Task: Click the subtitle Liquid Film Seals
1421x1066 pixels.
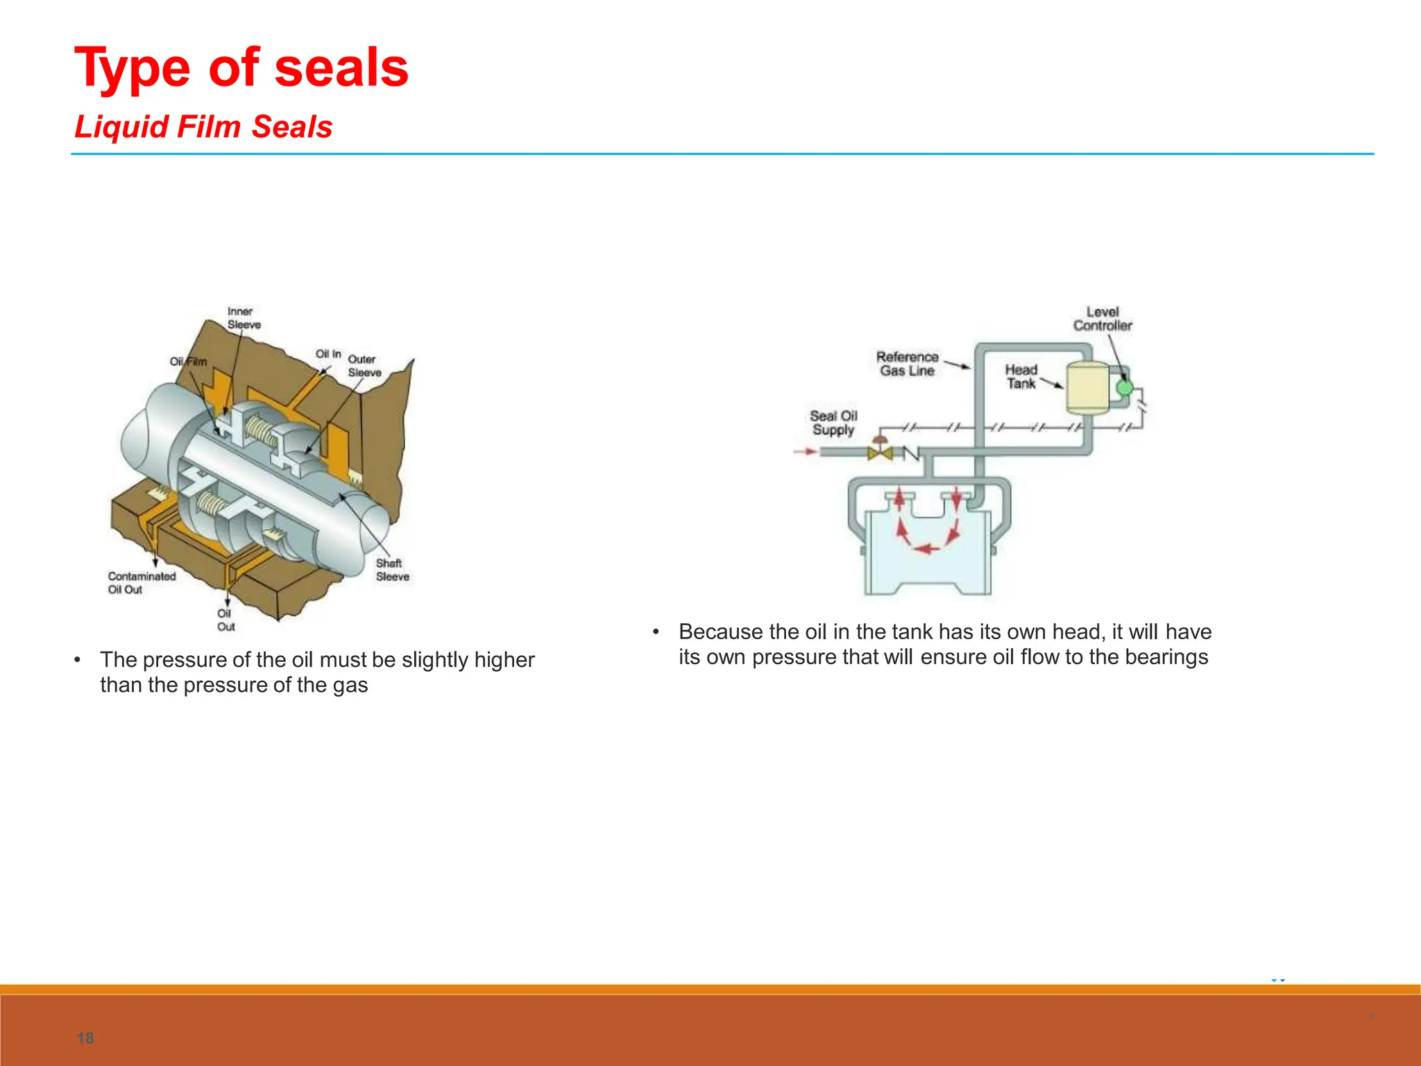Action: pos(203,127)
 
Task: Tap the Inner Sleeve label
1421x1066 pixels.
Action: pos(243,318)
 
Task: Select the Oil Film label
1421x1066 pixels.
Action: pos(188,362)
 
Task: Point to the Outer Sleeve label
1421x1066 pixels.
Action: pos(364,366)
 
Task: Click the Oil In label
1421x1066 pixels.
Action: pos(328,354)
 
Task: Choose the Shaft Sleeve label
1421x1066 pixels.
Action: pos(392,570)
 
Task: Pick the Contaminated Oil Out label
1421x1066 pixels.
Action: pos(142,583)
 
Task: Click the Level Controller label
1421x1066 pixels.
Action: pos(1103,319)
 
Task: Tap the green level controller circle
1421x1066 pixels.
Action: pos(1124,388)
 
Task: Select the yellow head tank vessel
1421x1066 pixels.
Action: pos(1087,387)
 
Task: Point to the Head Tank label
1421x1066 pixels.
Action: pos(1021,377)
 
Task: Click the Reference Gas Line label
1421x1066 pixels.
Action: pos(907,364)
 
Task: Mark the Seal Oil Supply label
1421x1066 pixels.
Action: pos(833,423)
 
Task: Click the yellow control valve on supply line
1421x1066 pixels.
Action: pos(880,453)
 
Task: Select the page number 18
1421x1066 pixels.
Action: pos(85,1038)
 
